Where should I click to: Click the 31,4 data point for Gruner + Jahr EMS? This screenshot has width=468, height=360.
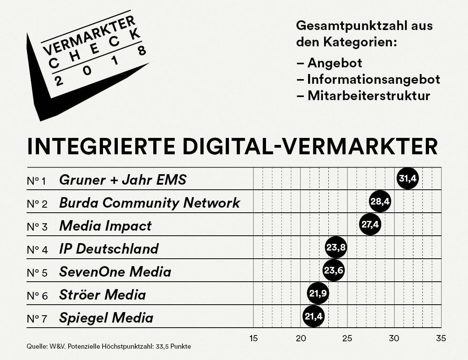pyautogui.click(x=408, y=179)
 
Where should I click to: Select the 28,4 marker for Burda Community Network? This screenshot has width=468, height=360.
pyautogui.click(x=379, y=202)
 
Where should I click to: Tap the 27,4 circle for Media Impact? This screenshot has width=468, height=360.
pyautogui.click(x=370, y=225)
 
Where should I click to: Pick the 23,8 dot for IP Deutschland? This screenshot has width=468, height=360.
pyautogui.click(x=336, y=247)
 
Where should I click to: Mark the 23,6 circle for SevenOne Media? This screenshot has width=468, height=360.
pyautogui.click(x=334, y=270)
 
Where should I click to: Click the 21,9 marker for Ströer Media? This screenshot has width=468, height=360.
pyautogui.click(x=318, y=293)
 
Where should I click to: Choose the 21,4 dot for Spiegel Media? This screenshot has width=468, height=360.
pyautogui.click(x=313, y=316)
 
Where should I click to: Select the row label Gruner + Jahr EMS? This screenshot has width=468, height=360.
pyautogui.click(x=123, y=180)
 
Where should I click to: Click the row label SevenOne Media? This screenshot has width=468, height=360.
pyautogui.click(x=115, y=272)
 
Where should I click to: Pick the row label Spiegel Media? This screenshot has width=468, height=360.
pyautogui.click(x=106, y=318)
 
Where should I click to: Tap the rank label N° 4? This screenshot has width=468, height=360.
pyautogui.click(x=37, y=249)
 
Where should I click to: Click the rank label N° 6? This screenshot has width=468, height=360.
pyautogui.click(x=37, y=295)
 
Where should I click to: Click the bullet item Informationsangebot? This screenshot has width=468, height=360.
pyautogui.click(x=373, y=79)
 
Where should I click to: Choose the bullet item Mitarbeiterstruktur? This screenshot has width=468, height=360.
pyautogui.click(x=369, y=95)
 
